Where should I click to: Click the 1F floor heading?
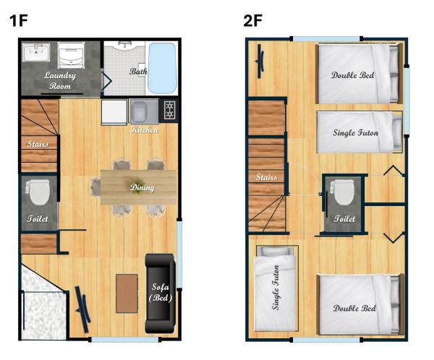19,20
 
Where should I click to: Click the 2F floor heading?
252,20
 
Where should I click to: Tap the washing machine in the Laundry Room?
70,55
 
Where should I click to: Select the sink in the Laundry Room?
36,52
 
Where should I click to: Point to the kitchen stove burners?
169,111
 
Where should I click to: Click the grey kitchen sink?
144,111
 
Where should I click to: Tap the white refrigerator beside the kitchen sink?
114,112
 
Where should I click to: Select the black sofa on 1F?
161,293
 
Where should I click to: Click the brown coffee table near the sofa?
127,293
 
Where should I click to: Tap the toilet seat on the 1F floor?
39,192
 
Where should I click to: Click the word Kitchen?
144,129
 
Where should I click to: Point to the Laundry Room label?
60,80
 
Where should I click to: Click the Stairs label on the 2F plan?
266,177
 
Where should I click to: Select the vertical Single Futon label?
276,288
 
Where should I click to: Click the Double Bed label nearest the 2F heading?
352,75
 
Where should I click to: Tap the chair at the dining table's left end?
95,187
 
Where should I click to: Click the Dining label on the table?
142,188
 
